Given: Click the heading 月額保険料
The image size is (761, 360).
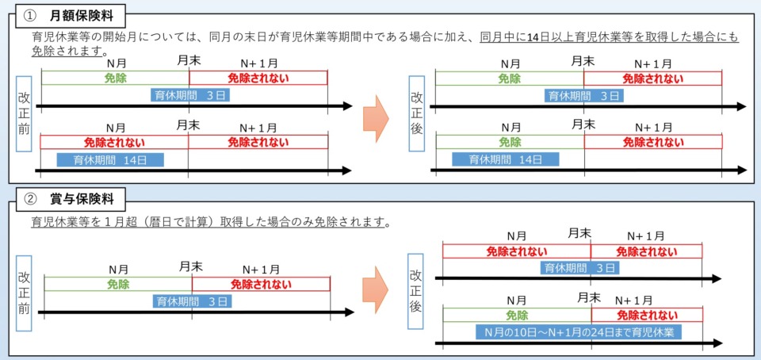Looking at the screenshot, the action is click(81, 16).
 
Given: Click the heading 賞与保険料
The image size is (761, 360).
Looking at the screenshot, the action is click(81, 199).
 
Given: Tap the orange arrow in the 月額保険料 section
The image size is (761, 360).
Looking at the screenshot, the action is click(376, 118).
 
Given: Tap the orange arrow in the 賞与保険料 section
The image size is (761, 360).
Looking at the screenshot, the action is click(376, 289).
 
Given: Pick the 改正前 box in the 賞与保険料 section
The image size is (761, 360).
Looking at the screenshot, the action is click(24, 293).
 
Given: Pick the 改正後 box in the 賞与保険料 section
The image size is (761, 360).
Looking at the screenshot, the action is click(415, 290).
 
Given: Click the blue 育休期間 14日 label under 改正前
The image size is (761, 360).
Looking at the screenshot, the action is click(111, 159).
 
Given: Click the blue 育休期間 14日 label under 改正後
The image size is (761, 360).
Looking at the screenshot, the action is click(506, 159).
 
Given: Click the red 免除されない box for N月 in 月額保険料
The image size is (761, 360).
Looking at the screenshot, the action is click(114, 142).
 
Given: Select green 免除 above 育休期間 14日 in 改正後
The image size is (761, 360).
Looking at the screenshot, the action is click(510, 142).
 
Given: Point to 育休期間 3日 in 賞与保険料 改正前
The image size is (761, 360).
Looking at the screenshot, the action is click(192, 301).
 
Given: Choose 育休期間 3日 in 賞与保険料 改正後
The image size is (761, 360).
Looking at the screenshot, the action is click(579, 267).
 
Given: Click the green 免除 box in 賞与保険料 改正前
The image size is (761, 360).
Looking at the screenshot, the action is click(118, 284).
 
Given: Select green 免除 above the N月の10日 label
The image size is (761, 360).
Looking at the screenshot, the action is click(517, 315).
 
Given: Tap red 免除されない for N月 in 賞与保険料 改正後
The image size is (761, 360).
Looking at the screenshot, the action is click(517, 251).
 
